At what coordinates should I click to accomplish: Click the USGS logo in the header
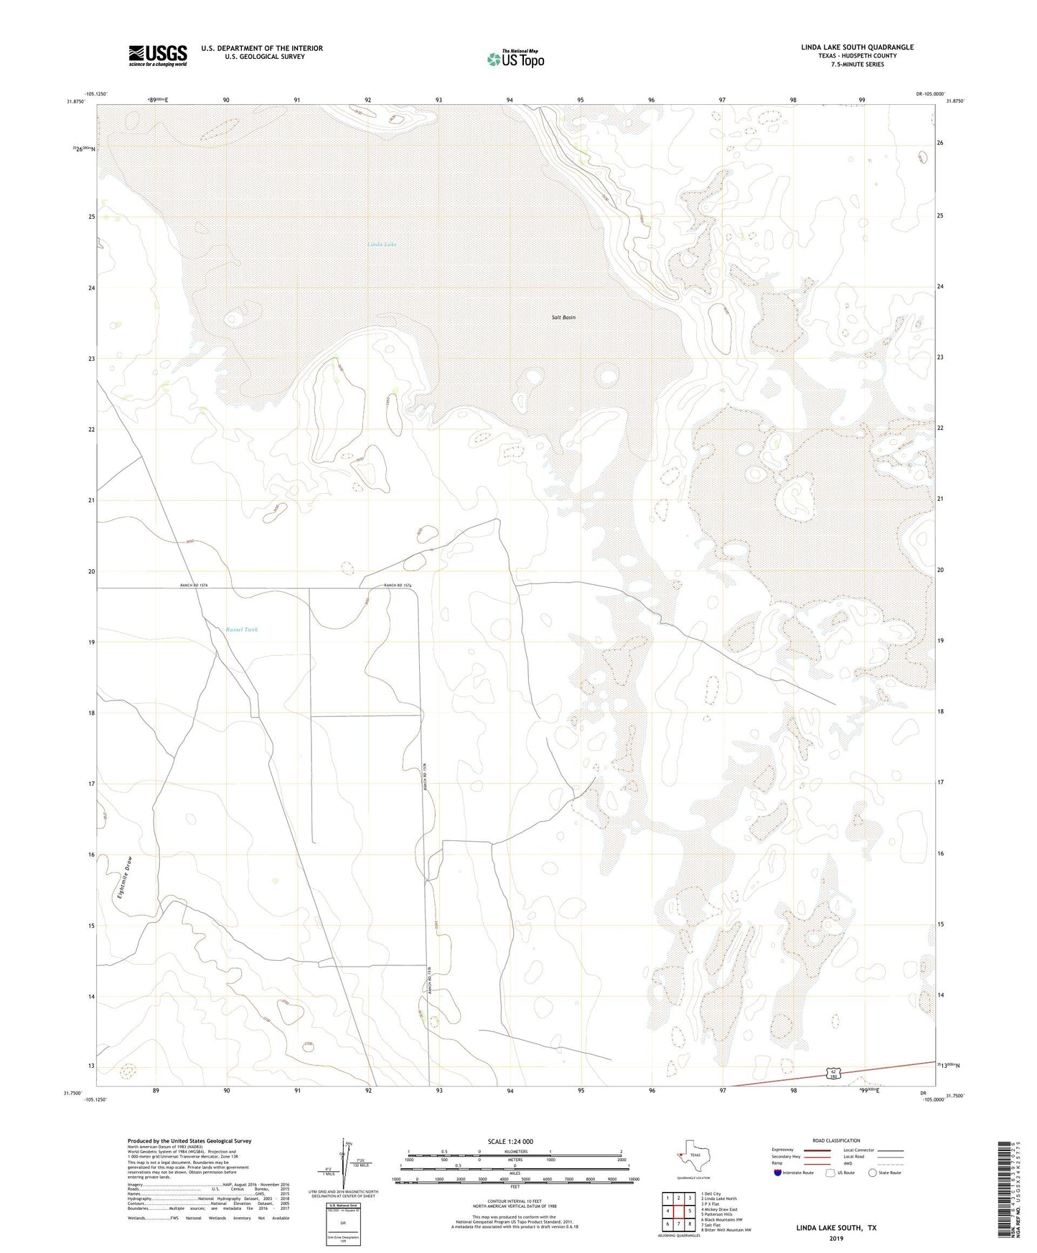point(158,55)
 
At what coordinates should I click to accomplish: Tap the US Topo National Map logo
point(515,59)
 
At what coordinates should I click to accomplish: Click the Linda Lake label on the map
point(381,245)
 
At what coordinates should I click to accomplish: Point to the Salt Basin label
point(563,317)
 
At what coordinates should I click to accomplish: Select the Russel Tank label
point(241,629)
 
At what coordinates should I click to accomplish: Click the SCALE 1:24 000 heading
point(510,1141)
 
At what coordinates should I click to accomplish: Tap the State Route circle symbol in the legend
point(873,1173)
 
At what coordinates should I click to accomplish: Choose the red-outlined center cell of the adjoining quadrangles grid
point(678,1211)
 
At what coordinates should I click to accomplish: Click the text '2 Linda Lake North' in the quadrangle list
point(720,1198)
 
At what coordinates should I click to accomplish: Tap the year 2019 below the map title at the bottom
point(835,1238)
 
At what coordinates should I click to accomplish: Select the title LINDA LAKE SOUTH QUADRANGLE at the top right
point(857,47)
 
